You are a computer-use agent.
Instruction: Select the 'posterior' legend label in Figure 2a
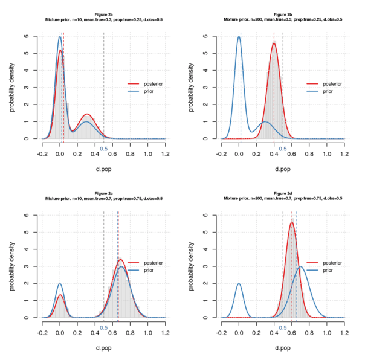click(154, 84)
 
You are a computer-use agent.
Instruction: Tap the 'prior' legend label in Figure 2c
click(149, 271)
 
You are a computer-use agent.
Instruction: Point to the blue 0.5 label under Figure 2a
click(103, 149)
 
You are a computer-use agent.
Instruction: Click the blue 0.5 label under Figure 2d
click(282, 327)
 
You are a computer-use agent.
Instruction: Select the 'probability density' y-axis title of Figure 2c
click(12, 266)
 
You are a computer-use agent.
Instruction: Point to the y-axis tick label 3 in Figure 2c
click(27, 266)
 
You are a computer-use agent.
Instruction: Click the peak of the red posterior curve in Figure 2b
click(274, 43)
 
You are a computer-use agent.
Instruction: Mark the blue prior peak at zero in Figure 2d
click(239, 283)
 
